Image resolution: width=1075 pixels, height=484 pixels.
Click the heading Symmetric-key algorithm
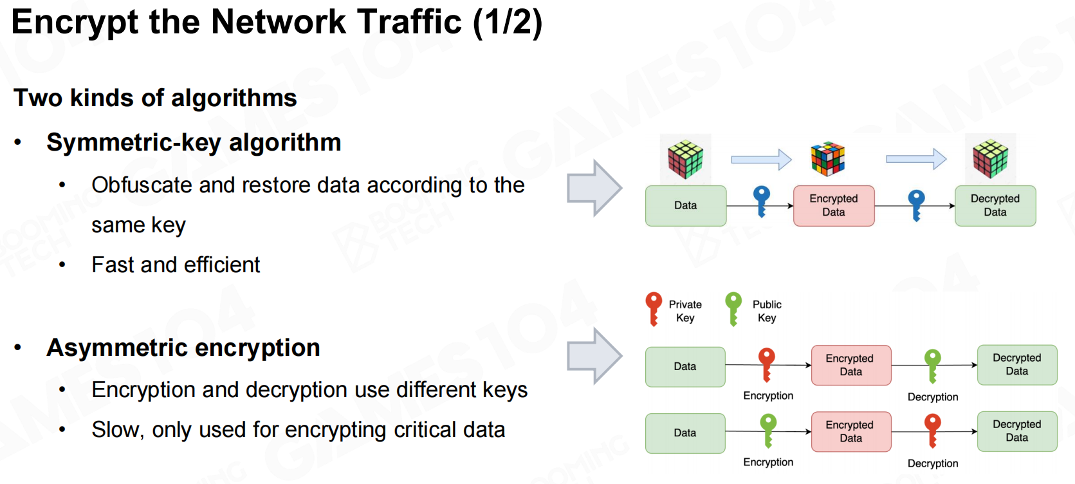[x=194, y=142]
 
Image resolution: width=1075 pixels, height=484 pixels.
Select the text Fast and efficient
[x=176, y=265]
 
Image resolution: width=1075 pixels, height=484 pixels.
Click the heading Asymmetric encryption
[x=183, y=348]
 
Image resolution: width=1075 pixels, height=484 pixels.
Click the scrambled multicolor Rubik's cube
[x=827, y=159]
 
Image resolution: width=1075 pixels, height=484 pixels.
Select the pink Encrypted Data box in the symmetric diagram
[x=833, y=206]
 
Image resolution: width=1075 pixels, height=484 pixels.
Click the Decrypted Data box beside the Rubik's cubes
[x=995, y=206]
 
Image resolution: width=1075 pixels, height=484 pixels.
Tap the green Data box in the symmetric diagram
[x=685, y=206]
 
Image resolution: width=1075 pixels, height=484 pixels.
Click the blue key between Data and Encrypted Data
[x=762, y=201]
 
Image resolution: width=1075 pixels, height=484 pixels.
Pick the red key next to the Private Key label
[x=654, y=308]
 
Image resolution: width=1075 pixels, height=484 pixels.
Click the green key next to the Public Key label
[x=733, y=308]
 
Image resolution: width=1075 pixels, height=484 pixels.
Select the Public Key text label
[x=767, y=311]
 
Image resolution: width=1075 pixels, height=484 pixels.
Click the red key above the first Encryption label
[x=766, y=364]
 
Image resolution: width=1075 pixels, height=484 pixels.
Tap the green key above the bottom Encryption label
[x=768, y=429]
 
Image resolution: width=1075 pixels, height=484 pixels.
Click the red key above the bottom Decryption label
[x=932, y=429]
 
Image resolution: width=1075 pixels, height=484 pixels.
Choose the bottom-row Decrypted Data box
[x=1016, y=431]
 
